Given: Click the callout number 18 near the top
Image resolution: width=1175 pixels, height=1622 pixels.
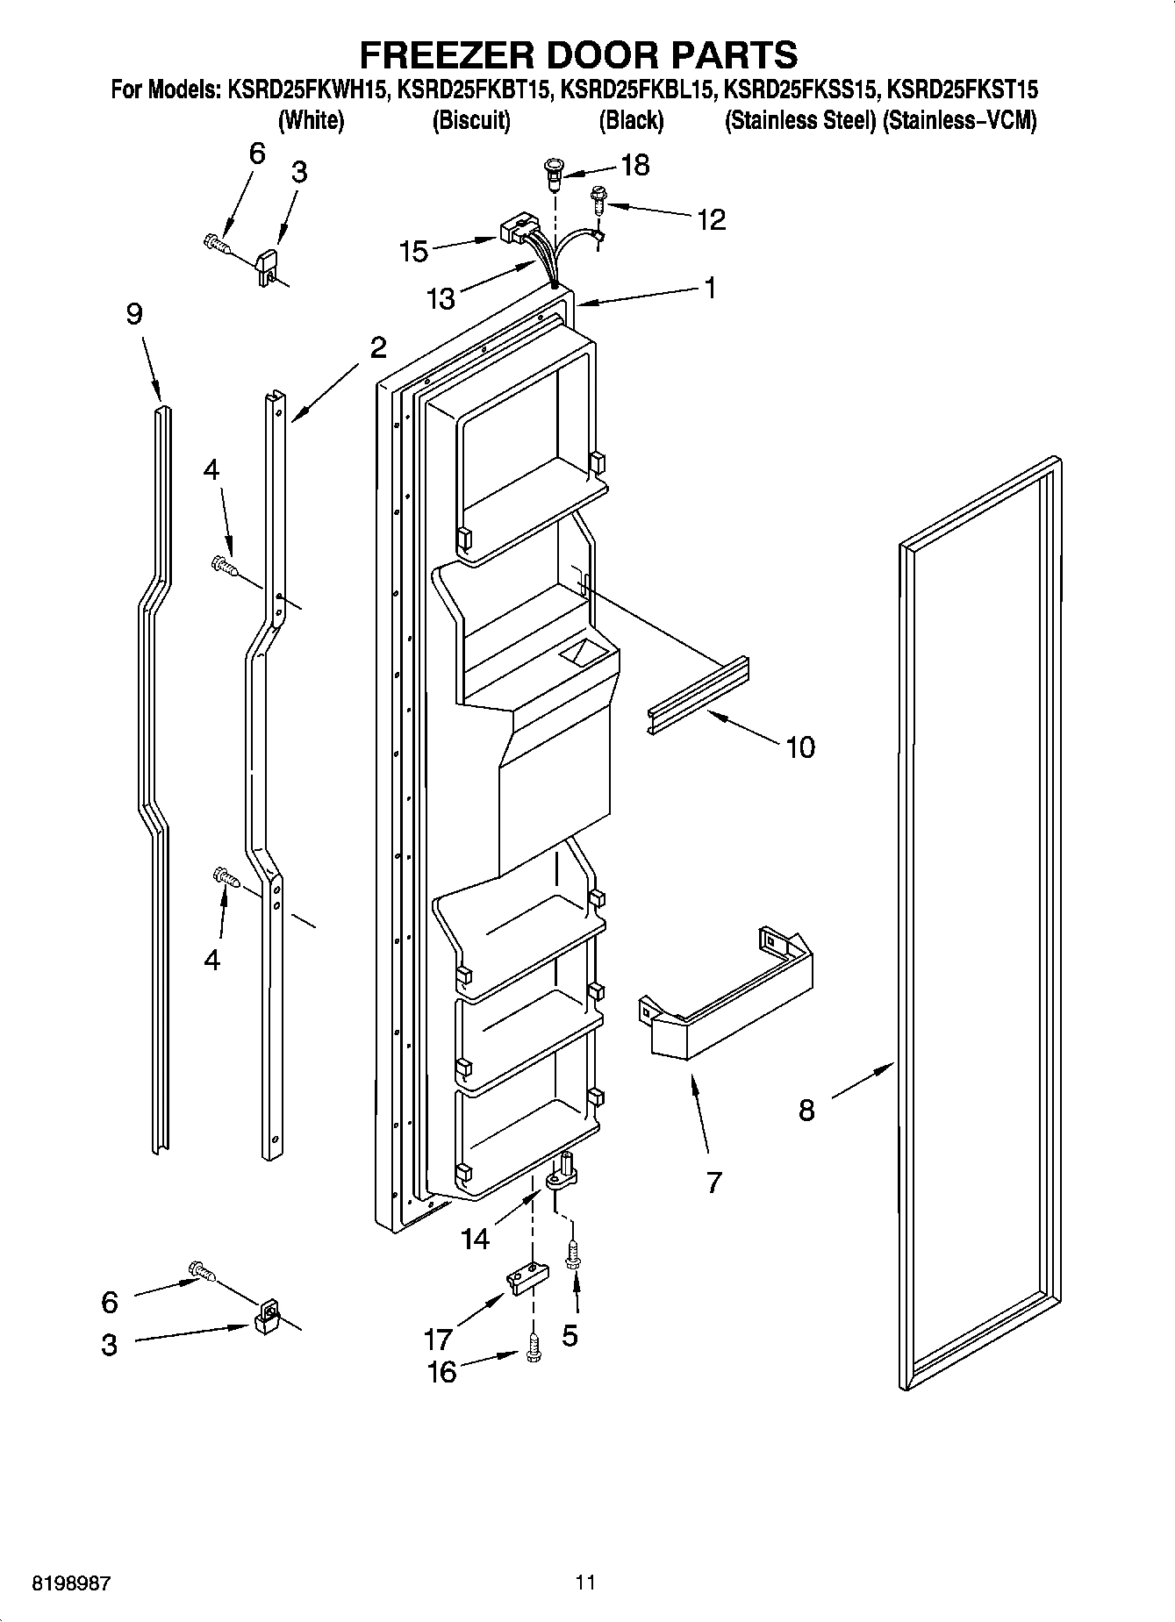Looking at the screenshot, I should tap(634, 165).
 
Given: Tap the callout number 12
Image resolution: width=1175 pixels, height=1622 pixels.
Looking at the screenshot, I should tap(711, 219).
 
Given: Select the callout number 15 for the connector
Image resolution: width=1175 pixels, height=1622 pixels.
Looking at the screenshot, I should tap(413, 252).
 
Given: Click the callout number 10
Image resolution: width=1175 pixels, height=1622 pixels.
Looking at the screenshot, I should tap(799, 747).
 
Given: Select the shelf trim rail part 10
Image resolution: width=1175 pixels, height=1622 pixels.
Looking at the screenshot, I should tap(698, 694).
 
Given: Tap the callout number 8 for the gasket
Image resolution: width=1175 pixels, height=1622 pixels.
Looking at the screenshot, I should tap(806, 1111).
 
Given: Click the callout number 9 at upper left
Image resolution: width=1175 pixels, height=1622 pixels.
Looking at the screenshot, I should tap(133, 314).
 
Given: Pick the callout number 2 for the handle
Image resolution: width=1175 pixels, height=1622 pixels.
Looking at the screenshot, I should tap(377, 348).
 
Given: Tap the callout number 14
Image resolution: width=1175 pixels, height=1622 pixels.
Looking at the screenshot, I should tap(475, 1238).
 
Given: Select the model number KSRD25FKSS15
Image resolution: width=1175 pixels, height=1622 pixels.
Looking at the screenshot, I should tap(799, 89).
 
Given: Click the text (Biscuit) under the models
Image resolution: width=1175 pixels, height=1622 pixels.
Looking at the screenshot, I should tap(471, 121).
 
